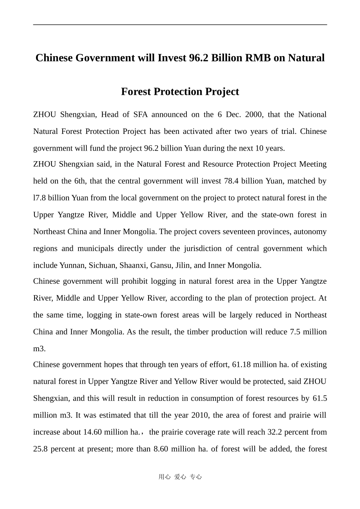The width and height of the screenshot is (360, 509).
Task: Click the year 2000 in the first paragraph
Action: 254,115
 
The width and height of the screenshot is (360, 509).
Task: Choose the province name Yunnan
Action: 72,265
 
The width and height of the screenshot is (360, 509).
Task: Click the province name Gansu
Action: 161,265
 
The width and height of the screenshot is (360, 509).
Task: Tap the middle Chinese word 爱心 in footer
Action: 180,477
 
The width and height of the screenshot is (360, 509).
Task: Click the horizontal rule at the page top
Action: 180,25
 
